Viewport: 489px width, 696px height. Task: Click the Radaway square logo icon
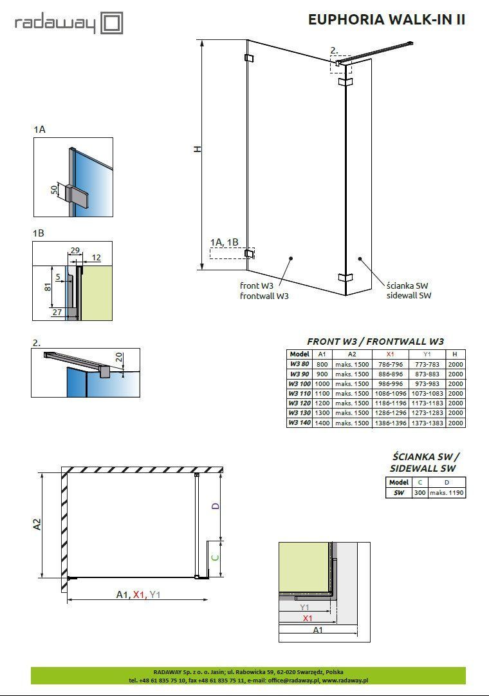coord(111,23)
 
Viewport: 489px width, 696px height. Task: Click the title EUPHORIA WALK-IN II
coord(387,19)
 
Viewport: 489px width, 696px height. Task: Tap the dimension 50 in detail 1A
coord(54,190)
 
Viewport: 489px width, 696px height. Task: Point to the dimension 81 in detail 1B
coord(48,287)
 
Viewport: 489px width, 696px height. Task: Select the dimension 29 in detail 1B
coord(75,250)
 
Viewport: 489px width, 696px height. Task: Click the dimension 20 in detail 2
coord(119,357)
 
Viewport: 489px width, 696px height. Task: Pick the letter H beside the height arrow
coord(198,149)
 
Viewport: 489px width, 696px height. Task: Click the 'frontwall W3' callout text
coord(264,296)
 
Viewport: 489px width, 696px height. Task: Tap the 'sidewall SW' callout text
coord(409,295)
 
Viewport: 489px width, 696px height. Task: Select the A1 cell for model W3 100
coord(322,384)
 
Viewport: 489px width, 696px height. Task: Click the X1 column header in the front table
coord(390,354)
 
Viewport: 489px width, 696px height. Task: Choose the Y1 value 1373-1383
coord(427,423)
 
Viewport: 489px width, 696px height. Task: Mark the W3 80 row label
coord(299,364)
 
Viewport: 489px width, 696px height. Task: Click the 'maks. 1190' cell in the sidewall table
coord(447,493)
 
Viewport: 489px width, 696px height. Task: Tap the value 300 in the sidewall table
coord(420,493)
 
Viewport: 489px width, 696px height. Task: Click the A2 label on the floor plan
coord(37,524)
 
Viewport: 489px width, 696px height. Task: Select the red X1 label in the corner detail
coord(307,618)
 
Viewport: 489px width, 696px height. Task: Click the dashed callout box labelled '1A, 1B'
coord(232,253)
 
